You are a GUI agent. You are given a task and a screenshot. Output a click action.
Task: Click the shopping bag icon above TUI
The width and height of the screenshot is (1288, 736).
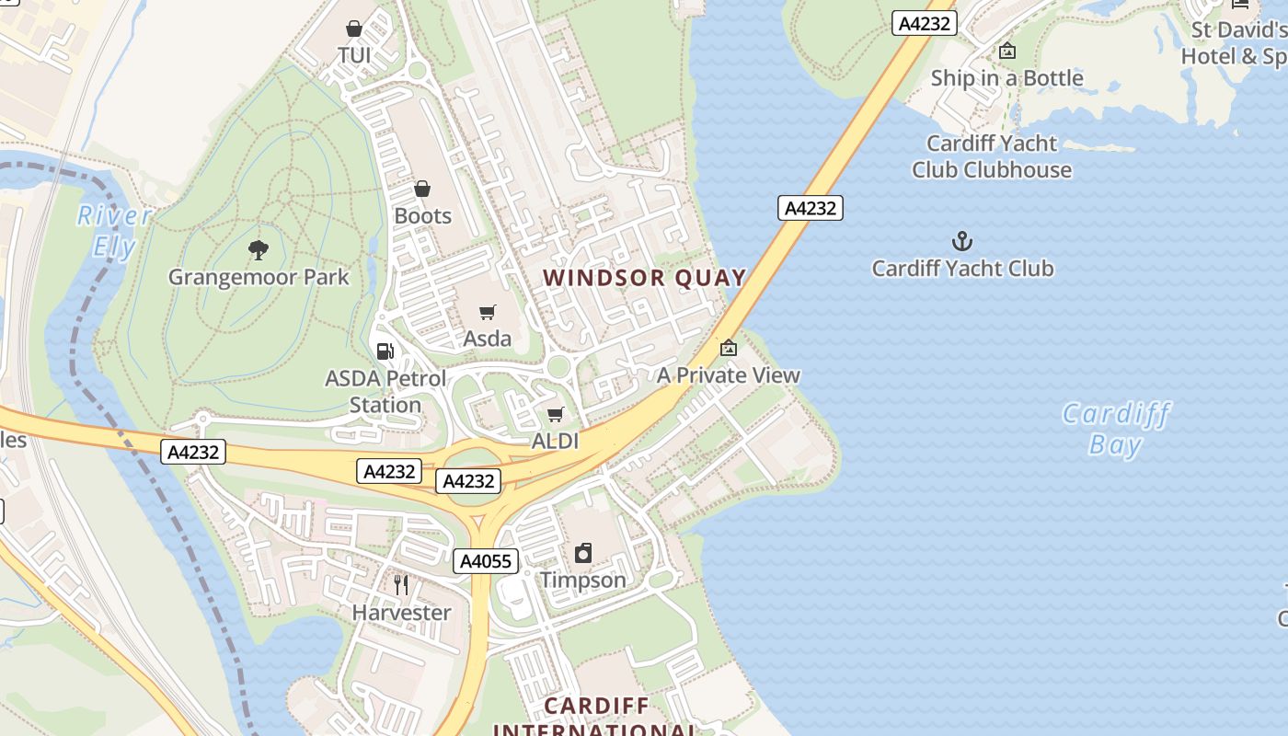point(354,29)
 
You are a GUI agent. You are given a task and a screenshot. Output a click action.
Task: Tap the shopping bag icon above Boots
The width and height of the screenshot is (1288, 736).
point(422,190)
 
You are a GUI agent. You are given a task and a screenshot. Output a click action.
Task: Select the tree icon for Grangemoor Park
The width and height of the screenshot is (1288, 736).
point(259,249)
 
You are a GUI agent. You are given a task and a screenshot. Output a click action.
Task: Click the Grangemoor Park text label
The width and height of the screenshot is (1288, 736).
point(259,277)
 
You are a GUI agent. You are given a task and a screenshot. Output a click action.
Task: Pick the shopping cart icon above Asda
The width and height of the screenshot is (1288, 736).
point(487,313)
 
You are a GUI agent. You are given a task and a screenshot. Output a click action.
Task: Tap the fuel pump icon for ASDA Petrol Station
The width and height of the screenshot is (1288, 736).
point(385,351)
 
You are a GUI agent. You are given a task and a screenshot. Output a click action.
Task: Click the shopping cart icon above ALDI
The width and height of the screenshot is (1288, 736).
point(555,415)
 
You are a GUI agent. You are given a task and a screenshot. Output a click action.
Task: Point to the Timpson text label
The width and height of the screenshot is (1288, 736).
point(582,581)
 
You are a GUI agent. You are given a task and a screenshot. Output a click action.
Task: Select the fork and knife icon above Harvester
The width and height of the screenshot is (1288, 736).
point(401,585)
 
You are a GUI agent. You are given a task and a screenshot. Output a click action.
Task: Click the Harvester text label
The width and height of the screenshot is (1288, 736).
point(401,613)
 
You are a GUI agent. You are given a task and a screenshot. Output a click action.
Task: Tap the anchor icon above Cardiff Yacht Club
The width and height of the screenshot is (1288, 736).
point(961,242)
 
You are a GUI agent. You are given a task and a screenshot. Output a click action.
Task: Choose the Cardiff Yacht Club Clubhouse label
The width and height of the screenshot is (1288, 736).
point(992,156)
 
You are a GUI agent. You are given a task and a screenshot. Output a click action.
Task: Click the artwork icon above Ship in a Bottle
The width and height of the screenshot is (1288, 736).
point(1007,52)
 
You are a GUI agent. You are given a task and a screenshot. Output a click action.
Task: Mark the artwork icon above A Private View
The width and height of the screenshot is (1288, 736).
point(729,348)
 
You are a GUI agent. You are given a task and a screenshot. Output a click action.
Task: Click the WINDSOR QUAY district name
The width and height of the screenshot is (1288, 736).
point(644,278)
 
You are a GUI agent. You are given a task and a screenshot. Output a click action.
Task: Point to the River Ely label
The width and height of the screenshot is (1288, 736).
point(114,231)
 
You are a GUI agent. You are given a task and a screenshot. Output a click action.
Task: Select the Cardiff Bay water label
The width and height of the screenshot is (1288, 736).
point(1115,429)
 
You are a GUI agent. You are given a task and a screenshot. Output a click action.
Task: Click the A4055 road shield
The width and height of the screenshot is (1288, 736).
point(486,561)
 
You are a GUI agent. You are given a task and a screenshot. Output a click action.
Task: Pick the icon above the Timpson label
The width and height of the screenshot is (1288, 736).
point(582,553)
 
